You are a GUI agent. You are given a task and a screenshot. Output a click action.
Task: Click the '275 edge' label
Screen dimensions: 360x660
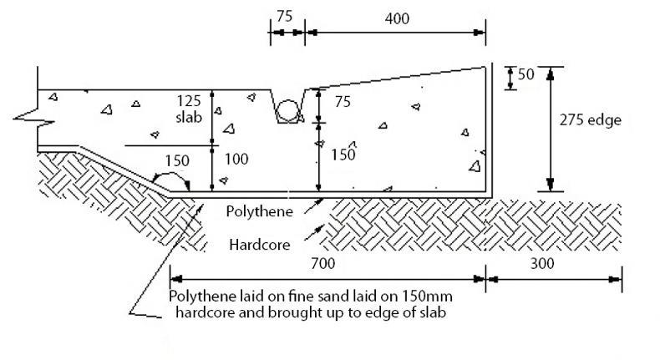click(x=591, y=121)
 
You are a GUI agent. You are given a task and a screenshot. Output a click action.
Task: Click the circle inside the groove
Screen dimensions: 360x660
click(x=288, y=111)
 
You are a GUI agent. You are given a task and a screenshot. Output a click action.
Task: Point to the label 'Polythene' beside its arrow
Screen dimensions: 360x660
click(x=259, y=211)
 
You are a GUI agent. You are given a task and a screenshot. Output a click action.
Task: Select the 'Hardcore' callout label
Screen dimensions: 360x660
click(x=258, y=245)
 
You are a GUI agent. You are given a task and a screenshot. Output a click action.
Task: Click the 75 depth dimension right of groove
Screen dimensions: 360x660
click(x=343, y=102)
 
